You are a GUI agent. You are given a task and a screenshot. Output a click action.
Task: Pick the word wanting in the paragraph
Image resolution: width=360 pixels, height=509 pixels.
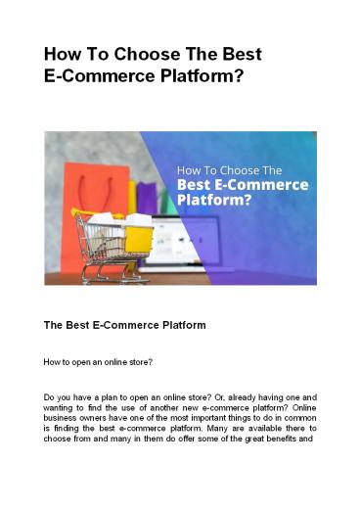[x=61, y=414]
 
